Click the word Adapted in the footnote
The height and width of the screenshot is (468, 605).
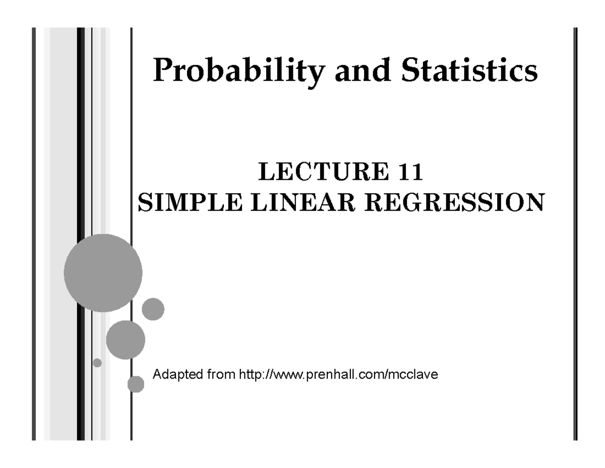pos(173,375)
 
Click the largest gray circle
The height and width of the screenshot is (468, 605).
pos(103,273)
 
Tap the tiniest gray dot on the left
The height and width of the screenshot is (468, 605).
pos(97,362)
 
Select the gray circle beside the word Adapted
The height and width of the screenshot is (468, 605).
pos(136,384)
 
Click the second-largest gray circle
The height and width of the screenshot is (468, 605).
pos(126,340)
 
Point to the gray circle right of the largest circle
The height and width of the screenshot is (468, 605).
pos(153,309)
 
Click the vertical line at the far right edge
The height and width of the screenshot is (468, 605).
pos(575,232)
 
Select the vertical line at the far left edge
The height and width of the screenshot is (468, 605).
pos(33,232)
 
